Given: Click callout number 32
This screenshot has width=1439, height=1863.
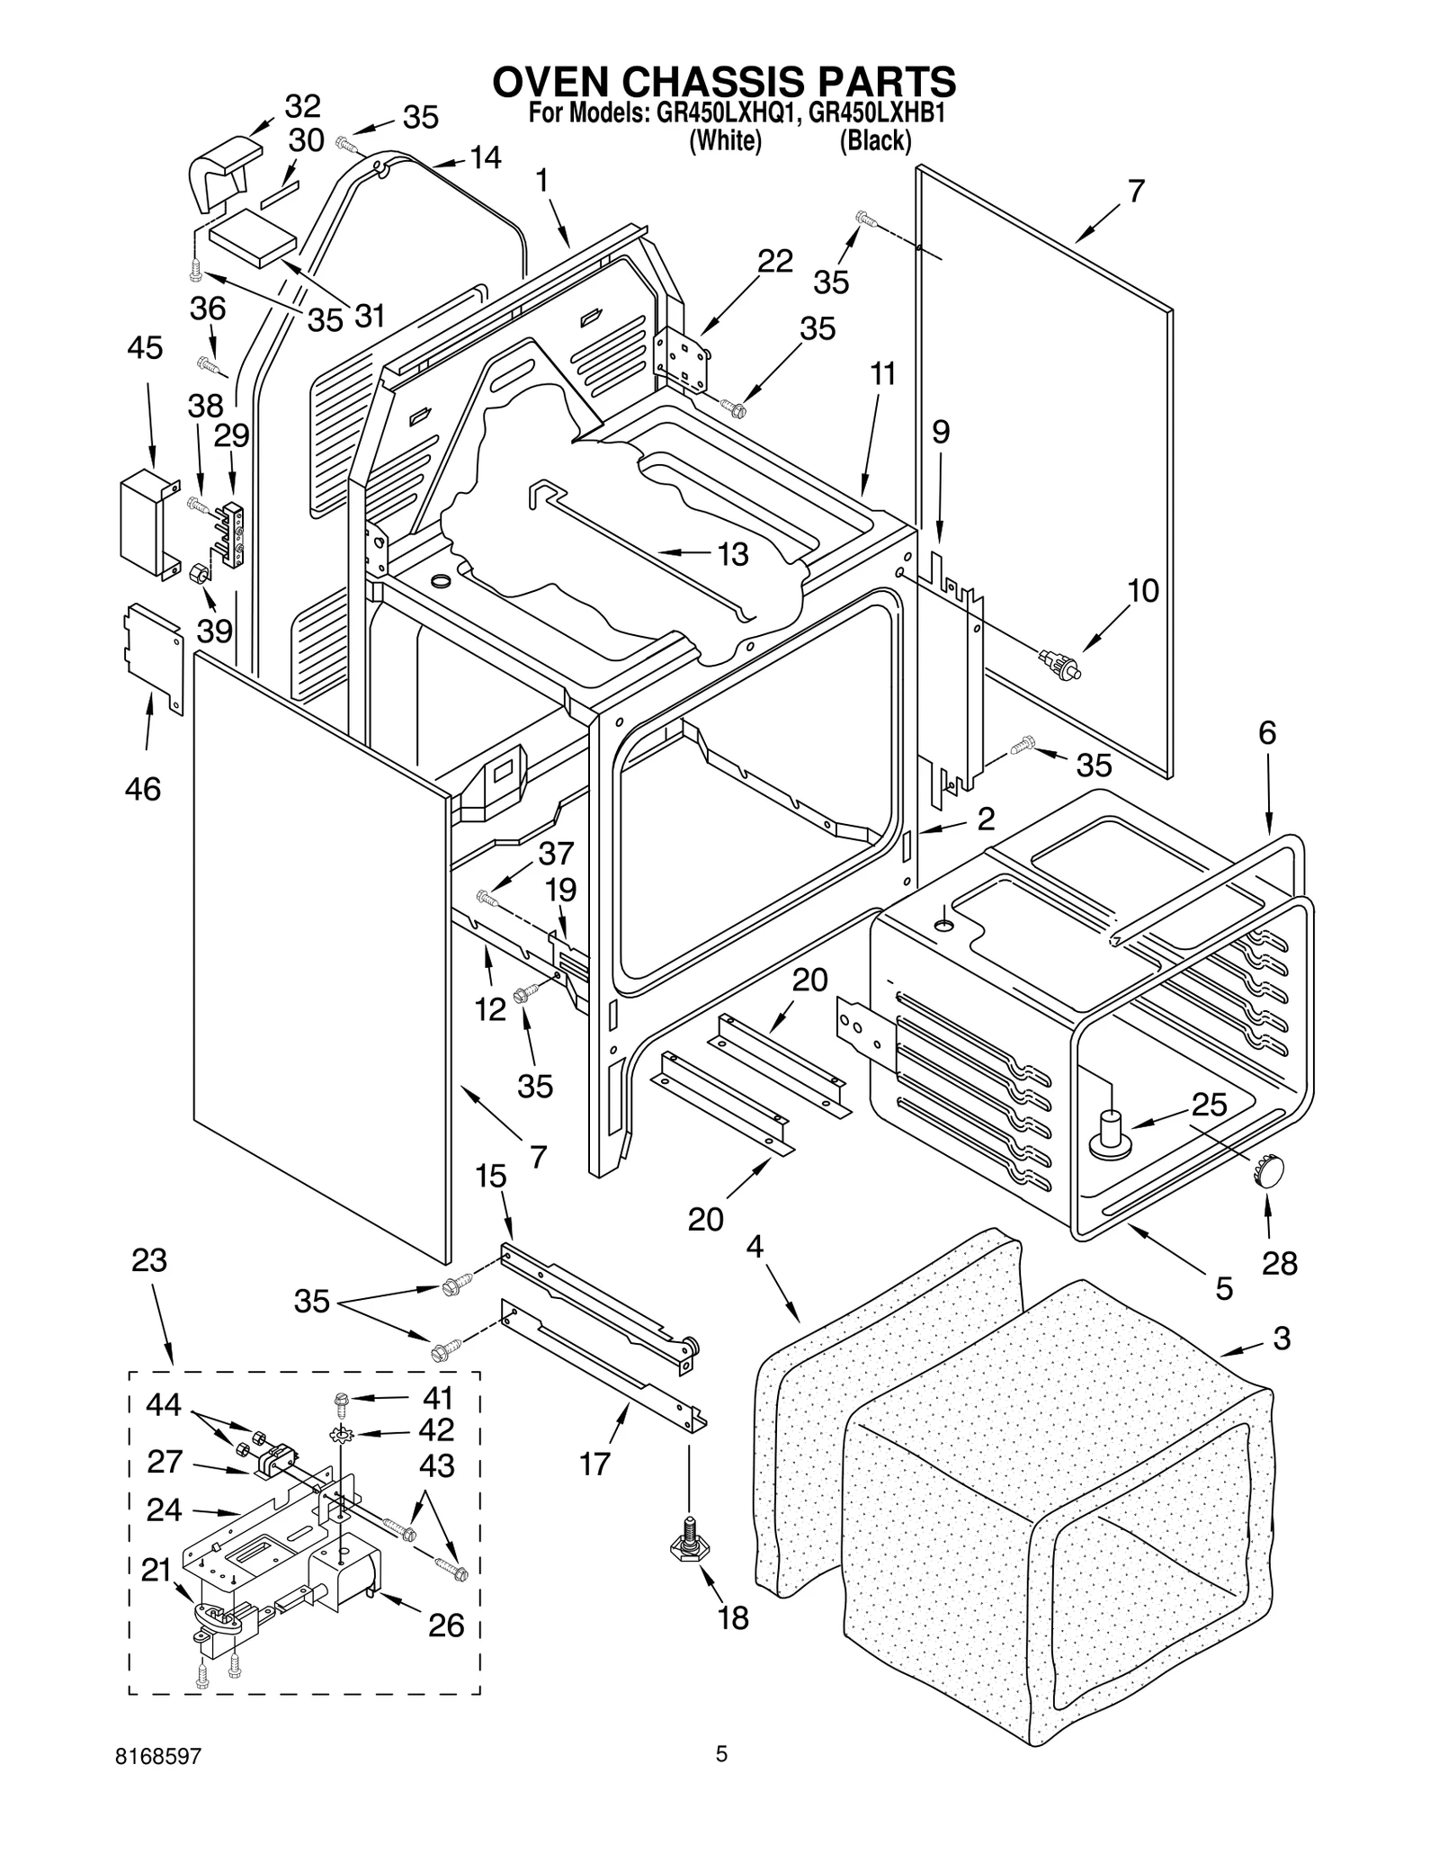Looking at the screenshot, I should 302,107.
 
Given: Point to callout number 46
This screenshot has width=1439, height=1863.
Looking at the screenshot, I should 143,789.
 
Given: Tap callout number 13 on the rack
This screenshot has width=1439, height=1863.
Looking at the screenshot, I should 733,554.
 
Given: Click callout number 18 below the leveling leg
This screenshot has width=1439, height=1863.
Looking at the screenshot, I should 733,1618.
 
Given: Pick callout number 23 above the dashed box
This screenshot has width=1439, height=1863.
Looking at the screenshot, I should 149,1260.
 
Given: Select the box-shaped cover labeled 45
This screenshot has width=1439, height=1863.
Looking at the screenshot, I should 142,524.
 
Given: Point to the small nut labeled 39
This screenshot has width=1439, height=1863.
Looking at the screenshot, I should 200,572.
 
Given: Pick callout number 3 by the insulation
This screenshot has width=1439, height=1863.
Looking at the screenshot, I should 1282,1337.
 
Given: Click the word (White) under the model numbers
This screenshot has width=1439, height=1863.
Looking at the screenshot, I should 725,141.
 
